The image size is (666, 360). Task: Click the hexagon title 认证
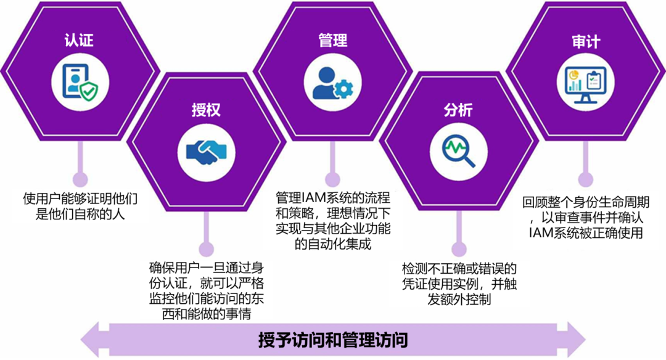[79, 41]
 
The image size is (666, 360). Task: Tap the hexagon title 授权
[206, 110]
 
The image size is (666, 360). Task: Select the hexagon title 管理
[333, 41]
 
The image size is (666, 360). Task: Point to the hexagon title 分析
[458, 110]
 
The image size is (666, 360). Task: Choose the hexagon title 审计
[585, 42]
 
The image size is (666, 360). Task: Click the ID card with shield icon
[80, 81]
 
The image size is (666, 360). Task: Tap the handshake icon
[206, 151]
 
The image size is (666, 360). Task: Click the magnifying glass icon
[459, 151]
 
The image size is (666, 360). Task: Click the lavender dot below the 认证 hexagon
[80, 179]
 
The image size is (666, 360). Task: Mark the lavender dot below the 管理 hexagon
[332, 179]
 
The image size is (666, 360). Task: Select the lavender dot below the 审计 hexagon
[585, 179]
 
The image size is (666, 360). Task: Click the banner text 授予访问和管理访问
[333, 340]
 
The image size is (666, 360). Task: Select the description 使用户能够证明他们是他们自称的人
[80, 207]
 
